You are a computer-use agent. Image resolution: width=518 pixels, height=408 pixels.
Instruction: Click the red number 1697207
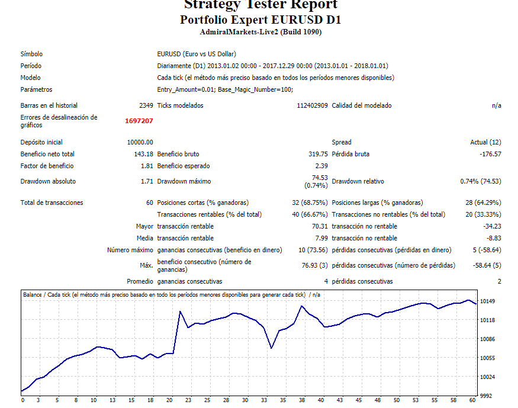pyautogui.click(x=139, y=121)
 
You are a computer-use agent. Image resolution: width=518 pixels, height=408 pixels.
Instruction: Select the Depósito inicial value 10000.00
pyautogui.click(x=140, y=142)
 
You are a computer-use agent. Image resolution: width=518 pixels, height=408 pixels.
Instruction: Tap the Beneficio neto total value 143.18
pyautogui.click(x=144, y=154)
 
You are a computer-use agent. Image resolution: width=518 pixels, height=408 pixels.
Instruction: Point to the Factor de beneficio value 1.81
pyautogui.click(x=147, y=166)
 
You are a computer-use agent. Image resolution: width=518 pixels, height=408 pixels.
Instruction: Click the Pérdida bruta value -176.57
pyautogui.click(x=490, y=154)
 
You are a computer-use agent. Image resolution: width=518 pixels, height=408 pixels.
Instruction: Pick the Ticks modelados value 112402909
pyautogui.click(x=312, y=105)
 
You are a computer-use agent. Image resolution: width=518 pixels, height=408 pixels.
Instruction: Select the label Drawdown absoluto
pyautogui.click(x=48, y=181)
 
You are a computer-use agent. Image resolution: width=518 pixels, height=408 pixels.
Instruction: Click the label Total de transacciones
pyautogui.click(x=52, y=203)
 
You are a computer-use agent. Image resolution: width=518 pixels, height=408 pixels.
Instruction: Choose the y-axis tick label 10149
pyautogui.click(x=488, y=301)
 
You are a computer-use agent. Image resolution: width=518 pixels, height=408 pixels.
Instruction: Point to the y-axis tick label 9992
pyautogui.click(x=486, y=396)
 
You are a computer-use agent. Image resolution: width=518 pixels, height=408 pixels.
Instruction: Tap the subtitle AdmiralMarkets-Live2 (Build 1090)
pyautogui.click(x=260, y=32)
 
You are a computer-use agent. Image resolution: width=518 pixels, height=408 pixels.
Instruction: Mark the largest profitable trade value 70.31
pyautogui.click(x=320, y=226)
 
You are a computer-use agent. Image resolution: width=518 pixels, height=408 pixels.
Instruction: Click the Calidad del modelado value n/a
pyautogui.click(x=496, y=105)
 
